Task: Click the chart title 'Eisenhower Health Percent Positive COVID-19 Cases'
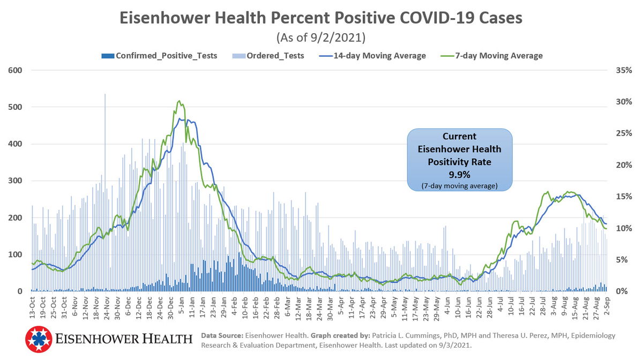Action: tap(321, 19)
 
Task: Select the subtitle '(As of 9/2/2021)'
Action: tap(321, 38)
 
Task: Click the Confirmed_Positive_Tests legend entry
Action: tap(159, 56)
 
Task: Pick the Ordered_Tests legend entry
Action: tap(268, 56)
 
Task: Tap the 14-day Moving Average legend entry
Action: tap(373, 56)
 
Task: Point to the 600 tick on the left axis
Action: tap(14, 70)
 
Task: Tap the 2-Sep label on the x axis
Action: tap(607, 306)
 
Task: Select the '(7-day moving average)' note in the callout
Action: tap(459, 185)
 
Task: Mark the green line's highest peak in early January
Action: tap(179, 101)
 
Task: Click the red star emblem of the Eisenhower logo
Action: tap(39, 339)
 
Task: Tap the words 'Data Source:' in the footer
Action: tap(222, 335)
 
